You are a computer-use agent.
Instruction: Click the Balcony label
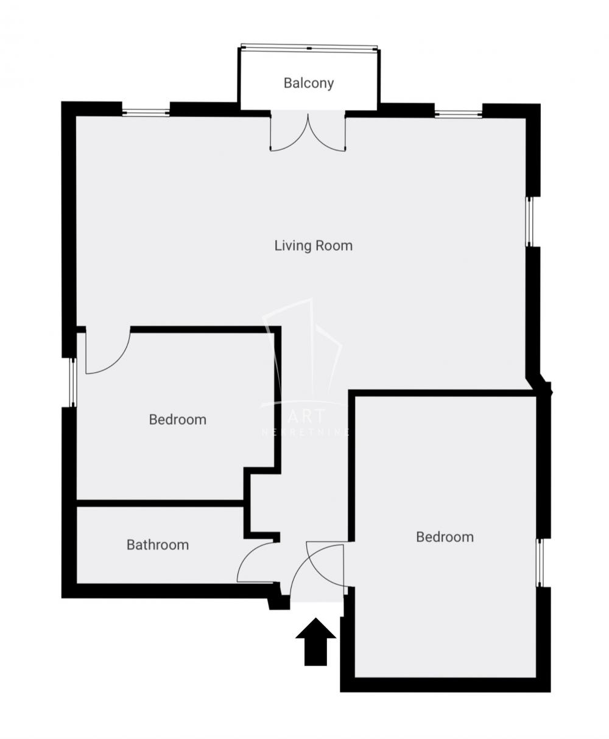pyautogui.click(x=309, y=83)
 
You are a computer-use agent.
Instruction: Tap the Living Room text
pyautogui.click(x=313, y=246)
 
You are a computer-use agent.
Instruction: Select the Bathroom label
pyautogui.click(x=157, y=545)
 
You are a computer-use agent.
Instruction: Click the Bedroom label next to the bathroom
pyautogui.click(x=177, y=419)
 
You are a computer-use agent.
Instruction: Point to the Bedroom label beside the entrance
pyautogui.click(x=445, y=537)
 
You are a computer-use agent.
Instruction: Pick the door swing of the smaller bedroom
pyautogui.click(x=113, y=356)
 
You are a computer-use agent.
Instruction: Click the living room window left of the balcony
pyautogui.click(x=146, y=112)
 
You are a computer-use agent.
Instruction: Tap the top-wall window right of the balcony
pyautogui.click(x=459, y=113)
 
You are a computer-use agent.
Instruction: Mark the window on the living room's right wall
pyautogui.click(x=529, y=222)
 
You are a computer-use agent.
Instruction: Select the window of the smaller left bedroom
pyautogui.click(x=73, y=382)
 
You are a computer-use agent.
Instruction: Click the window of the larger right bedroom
pyautogui.click(x=540, y=562)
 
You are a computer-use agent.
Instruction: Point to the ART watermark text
pyautogui.click(x=307, y=417)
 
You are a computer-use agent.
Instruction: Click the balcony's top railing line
pyautogui.click(x=309, y=47)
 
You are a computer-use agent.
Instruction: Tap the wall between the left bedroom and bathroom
pyautogui.click(x=160, y=503)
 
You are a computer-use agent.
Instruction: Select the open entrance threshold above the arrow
pyautogui.click(x=317, y=600)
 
